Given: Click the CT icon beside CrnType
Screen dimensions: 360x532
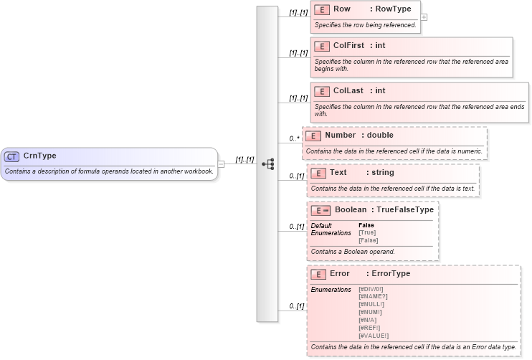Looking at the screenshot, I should coord(11,156).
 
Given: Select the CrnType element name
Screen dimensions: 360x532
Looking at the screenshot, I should coord(40,156).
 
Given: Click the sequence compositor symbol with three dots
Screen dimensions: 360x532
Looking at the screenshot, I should coord(268,164).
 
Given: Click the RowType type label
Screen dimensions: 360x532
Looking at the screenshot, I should coord(394,10).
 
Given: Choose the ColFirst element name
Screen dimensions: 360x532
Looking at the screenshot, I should coord(348,46).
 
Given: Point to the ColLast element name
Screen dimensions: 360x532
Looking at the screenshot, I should coord(348,91).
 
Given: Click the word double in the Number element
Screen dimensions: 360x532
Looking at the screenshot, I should coord(380,135).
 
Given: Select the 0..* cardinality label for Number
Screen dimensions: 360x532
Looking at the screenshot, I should coord(293,138).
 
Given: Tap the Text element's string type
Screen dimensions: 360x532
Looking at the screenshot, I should coord(382,173).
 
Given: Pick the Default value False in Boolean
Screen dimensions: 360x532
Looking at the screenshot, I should coord(366,225).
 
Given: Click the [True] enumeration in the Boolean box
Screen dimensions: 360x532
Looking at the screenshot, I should coord(366,232).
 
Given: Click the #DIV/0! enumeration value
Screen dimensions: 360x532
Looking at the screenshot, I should coord(371,289).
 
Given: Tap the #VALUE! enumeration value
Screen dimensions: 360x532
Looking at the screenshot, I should coord(373,336).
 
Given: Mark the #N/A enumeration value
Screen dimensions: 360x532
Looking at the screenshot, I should coord(367,320).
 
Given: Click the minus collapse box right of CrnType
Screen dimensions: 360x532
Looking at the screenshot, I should coord(222,164).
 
